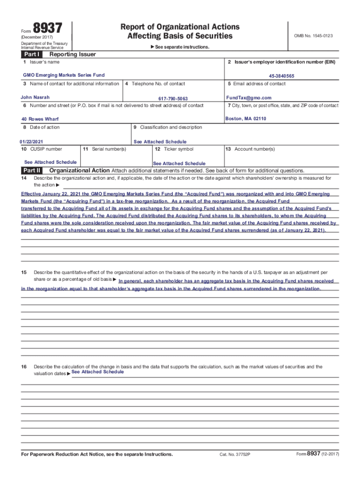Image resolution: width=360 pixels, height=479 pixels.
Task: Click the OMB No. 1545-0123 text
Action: point(313,36)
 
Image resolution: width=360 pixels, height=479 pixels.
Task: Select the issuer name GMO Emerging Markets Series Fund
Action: point(64,75)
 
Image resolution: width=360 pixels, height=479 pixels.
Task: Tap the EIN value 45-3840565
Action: point(281,76)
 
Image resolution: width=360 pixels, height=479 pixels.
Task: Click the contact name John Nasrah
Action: point(35,97)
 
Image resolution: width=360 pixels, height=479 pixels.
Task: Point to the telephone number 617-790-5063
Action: point(173,99)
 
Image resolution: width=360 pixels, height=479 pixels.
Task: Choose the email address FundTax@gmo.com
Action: point(248,98)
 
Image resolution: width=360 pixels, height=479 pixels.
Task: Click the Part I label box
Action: point(31,54)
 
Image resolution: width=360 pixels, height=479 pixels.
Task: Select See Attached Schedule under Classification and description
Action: point(160,142)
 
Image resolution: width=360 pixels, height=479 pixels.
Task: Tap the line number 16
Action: point(23,367)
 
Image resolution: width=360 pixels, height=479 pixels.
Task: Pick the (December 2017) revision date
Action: point(37,37)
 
